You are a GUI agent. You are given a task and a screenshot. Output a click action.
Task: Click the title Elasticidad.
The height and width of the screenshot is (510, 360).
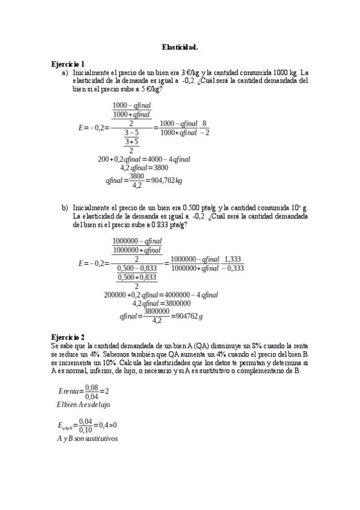click(x=180, y=46)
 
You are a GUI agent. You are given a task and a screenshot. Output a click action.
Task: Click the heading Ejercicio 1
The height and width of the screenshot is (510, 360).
click(x=68, y=64)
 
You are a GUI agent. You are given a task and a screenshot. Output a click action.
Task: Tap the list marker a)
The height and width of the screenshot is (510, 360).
click(x=65, y=72)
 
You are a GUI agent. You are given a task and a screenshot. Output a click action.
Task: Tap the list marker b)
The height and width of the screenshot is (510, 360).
click(x=65, y=207)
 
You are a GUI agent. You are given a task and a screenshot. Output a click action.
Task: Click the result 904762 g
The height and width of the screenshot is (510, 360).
click(x=187, y=316)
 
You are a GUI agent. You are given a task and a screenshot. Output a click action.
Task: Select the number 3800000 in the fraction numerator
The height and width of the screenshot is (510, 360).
click(x=156, y=311)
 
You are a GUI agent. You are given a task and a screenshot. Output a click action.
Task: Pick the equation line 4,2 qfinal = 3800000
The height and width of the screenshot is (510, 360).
click(x=161, y=304)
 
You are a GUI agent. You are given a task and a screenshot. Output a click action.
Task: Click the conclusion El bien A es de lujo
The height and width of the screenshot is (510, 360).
click(x=83, y=405)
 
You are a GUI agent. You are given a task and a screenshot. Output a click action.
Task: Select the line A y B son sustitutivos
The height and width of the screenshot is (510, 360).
click(x=87, y=438)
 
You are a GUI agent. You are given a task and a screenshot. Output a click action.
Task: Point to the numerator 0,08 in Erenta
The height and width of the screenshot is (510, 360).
click(x=91, y=387)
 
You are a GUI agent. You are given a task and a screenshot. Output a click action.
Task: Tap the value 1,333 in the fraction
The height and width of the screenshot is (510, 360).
click(x=233, y=259)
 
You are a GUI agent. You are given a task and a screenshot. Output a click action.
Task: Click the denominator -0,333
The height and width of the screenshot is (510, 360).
click(x=233, y=268)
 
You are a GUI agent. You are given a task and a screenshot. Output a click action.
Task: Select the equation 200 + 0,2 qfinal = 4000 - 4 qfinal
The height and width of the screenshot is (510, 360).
click(x=144, y=159)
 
